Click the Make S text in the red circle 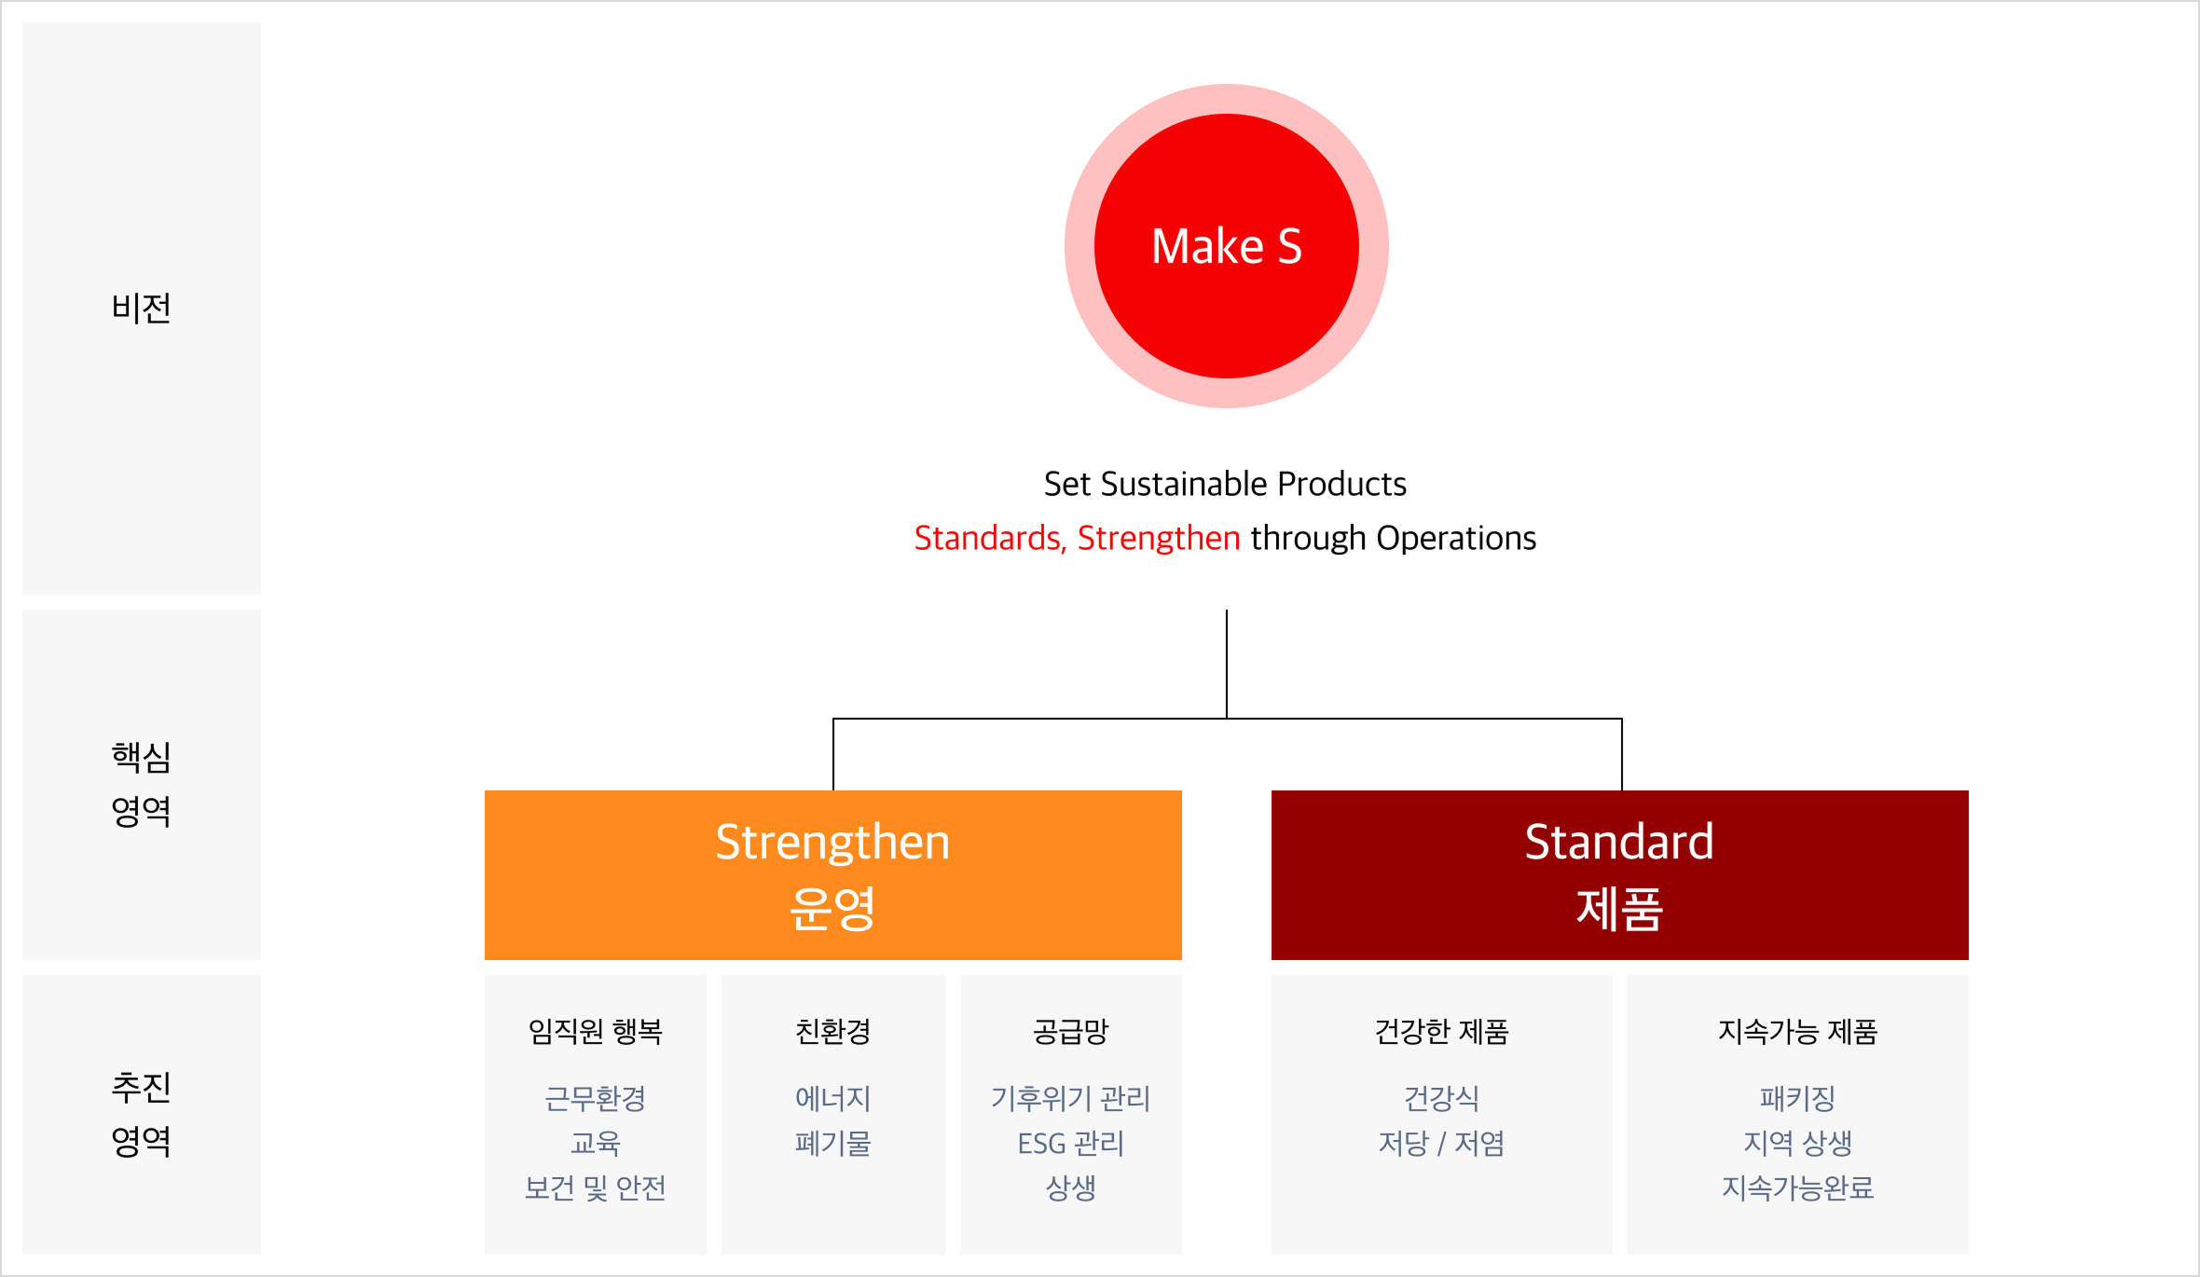click(1226, 247)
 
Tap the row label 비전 click(141, 308)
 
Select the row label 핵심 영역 click(141, 784)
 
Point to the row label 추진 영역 click(141, 1114)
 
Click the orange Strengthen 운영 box click(832, 874)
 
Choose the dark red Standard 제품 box click(1619, 874)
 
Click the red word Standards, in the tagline click(989, 539)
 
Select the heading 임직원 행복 click(595, 1032)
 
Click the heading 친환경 click(832, 1032)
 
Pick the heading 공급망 click(1070, 1032)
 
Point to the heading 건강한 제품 click(1441, 1032)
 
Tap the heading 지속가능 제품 click(1797, 1032)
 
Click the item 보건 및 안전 click(595, 1188)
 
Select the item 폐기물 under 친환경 click(832, 1144)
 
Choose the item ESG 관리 click(1070, 1144)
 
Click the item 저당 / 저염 click(1441, 1144)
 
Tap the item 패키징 click(1797, 1099)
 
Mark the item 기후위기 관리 click(1070, 1099)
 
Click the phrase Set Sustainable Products click(1225, 485)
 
